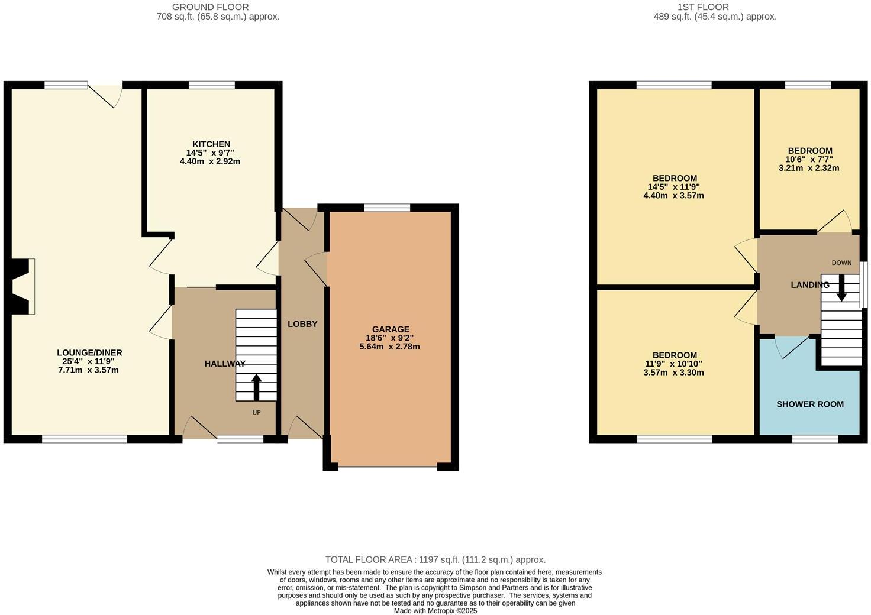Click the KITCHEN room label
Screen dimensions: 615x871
[211, 144]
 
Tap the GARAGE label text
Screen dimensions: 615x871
[390, 329]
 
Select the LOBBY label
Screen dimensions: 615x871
[302, 324]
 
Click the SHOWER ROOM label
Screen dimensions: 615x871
[809, 404]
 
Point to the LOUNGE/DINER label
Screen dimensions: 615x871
[89, 353]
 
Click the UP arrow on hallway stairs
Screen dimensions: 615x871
[256, 387]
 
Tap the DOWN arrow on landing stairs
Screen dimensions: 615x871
[841, 287]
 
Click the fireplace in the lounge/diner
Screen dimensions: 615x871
[22, 286]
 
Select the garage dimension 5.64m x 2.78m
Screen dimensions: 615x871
[389, 347]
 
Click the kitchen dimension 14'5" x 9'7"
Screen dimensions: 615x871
[210, 153]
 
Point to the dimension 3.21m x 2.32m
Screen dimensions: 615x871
[809, 168]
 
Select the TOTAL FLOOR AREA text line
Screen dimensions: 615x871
[435, 559]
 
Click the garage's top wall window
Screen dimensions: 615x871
[387, 207]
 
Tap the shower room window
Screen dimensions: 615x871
[815, 439]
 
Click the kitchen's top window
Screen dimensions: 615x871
[211, 85]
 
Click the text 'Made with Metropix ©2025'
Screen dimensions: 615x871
[435, 611]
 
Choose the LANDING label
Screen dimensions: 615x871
[809, 285]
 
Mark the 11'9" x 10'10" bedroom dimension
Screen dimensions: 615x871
[673, 364]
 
